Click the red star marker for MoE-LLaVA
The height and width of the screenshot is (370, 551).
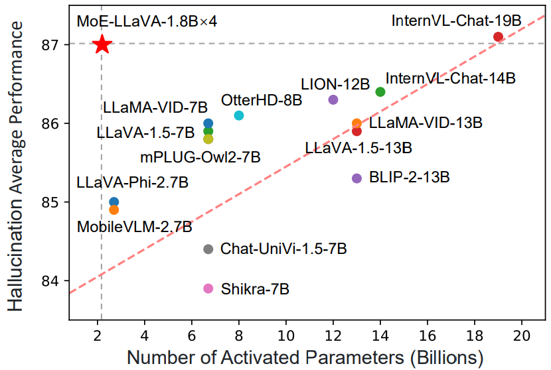click(x=102, y=44)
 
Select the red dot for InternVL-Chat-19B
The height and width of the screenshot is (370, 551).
click(x=499, y=36)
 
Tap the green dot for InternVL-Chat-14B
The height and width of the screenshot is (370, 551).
click(x=380, y=92)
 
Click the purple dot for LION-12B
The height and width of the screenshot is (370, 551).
click(x=333, y=99)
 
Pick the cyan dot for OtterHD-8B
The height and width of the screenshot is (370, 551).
click(x=239, y=115)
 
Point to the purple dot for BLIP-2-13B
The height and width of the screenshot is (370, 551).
click(x=356, y=178)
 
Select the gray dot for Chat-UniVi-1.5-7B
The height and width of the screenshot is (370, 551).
click(x=208, y=249)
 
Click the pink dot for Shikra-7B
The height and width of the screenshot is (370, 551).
click(x=208, y=288)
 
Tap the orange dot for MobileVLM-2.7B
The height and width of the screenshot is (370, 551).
click(x=114, y=210)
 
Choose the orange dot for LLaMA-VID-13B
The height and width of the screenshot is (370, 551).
click(x=356, y=123)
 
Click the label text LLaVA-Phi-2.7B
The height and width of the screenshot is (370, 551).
click(x=132, y=182)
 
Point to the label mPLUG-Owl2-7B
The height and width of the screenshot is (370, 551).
click(x=200, y=158)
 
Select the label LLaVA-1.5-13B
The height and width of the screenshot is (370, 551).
click(x=358, y=147)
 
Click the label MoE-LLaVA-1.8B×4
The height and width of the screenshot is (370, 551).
click(x=147, y=21)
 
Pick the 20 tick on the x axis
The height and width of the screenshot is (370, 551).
click(x=522, y=332)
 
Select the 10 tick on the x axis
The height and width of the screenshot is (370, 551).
click(x=286, y=332)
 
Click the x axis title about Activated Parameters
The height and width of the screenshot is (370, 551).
click(x=305, y=357)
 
